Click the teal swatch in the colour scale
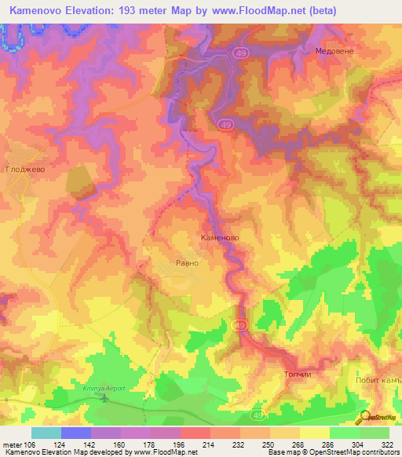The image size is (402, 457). (x=46, y=433)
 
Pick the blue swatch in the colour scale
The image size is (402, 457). (x=76, y=433)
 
